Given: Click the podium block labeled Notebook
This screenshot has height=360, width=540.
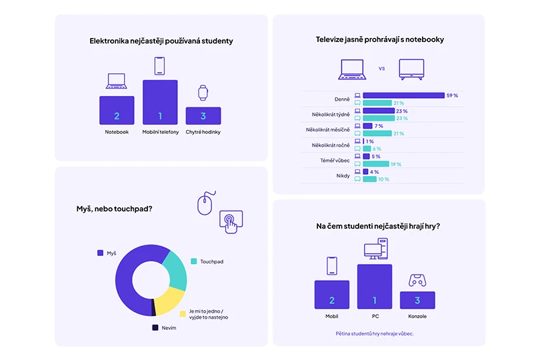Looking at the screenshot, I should point(117,111).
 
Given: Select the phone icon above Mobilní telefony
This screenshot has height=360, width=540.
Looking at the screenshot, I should point(159,66).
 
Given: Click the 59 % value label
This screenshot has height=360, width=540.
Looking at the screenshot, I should point(452,96).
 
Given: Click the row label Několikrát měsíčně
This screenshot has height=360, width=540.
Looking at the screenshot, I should point(327,129).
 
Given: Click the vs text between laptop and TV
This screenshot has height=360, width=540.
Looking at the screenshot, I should point(382,68).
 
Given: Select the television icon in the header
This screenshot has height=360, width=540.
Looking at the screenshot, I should point(411,69).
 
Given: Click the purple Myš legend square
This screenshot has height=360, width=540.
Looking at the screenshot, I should point(100,253).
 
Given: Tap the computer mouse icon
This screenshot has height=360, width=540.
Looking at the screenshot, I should point(207,202).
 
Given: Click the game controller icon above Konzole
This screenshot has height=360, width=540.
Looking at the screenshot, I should point(417,280).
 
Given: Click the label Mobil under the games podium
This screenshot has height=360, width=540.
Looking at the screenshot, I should point(331,316).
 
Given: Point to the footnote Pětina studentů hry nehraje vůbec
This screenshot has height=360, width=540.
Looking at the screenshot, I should point(374,333).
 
